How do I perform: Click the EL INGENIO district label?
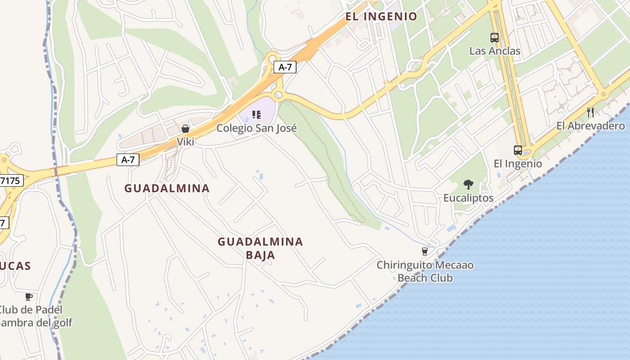click(381, 17)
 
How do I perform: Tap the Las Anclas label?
click(495, 51)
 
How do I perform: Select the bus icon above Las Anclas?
click(495, 38)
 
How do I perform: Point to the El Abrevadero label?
click(590, 126)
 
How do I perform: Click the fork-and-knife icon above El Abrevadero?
click(590, 112)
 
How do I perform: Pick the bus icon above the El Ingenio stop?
click(518, 150)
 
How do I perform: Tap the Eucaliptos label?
click(468, 198)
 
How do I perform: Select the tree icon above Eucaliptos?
click(468, 184)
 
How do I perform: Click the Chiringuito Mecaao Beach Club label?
click(425, 271)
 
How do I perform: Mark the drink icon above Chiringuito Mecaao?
click(424, 251)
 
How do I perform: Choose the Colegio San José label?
click(256, 128)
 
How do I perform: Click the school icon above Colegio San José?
click(256, 115)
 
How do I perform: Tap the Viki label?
click(185, 142)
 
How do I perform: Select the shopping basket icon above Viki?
click(185, 129)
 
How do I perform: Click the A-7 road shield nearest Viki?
click(128, 160)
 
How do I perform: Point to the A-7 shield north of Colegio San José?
click(285, 67)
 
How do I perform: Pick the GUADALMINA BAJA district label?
click(260, 248)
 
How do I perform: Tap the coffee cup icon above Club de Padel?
click(29, 297)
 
